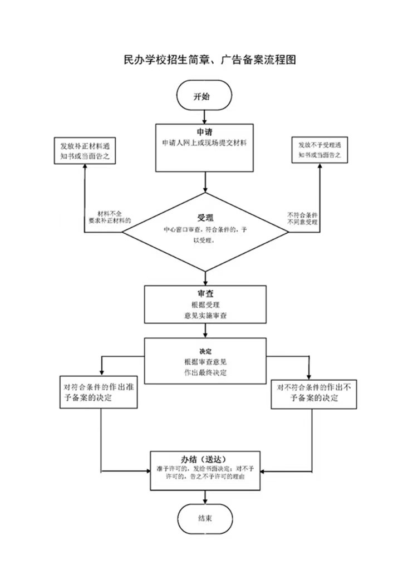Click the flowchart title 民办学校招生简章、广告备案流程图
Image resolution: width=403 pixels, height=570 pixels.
(210, 59)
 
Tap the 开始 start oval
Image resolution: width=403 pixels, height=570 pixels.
(204, 95)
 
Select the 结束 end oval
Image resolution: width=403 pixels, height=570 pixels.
(205, 519)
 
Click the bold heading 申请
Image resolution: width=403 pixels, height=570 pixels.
(205, 132)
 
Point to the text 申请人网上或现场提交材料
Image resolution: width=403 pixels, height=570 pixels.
(204, 143)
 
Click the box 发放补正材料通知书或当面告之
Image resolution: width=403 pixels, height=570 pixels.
(85, 150)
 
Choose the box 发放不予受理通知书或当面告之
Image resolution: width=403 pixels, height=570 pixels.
(320, 150)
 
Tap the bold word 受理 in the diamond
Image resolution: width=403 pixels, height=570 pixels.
(205, 218)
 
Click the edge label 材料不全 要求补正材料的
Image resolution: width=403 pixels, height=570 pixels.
(110, 217)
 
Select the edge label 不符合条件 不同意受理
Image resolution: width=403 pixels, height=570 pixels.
(302, 218)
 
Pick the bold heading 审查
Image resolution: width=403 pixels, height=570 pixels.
(205, 293)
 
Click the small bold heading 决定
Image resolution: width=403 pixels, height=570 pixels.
(205, 352)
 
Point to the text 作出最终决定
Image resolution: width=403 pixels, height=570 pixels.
(205, 372)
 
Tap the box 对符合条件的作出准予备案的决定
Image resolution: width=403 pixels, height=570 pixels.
(99, 392)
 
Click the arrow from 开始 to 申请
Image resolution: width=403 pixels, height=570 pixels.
(205, 117)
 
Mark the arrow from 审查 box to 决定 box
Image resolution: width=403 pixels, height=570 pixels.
(205, 331)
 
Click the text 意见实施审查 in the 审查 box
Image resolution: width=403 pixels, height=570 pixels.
(205, 316)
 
